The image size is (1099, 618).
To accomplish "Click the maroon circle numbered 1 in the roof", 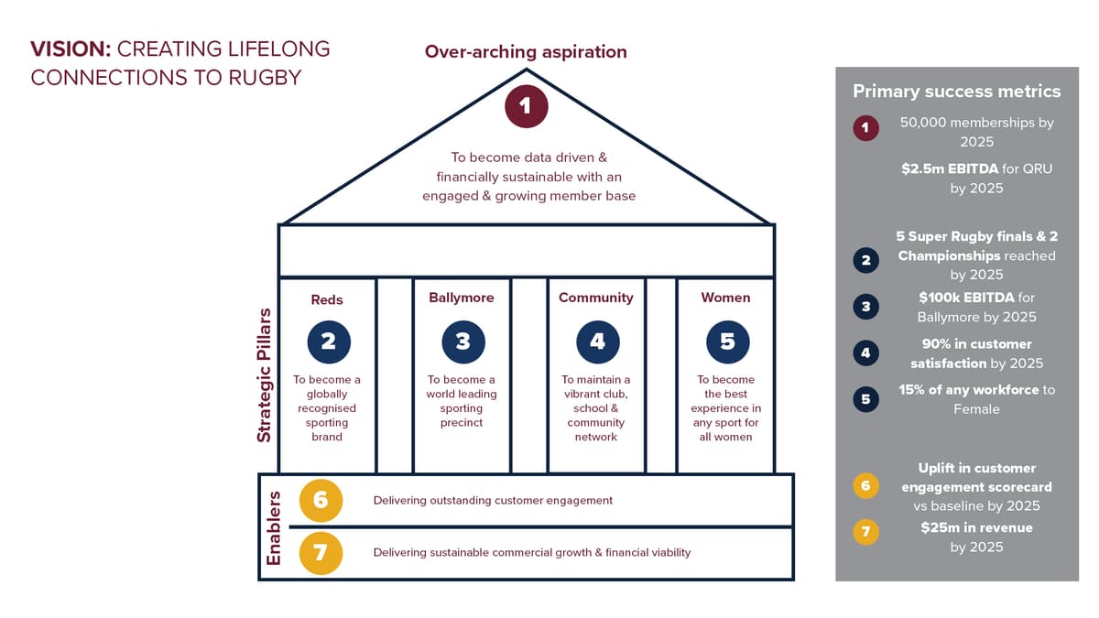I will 526,106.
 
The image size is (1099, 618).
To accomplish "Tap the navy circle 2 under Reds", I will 328,341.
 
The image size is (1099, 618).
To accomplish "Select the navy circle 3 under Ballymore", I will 462,341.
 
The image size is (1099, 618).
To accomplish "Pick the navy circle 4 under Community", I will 597,341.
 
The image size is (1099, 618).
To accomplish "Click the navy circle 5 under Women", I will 727,341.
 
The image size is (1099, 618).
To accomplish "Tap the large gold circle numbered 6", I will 320,500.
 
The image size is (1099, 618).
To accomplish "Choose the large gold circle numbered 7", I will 320,552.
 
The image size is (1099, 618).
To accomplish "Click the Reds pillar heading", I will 327,299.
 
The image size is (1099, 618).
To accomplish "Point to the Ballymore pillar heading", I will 462,298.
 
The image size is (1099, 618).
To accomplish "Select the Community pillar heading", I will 596,298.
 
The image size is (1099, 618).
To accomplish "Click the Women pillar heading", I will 725,298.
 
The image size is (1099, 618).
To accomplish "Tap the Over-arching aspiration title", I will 526,52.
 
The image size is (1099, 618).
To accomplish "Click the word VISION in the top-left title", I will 71,49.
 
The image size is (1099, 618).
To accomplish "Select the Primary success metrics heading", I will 956,91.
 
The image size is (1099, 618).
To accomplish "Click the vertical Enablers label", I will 273,527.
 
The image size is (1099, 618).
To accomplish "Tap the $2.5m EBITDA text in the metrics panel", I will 942,169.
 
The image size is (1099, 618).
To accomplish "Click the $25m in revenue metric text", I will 976,527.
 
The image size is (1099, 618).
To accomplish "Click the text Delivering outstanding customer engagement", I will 493,501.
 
